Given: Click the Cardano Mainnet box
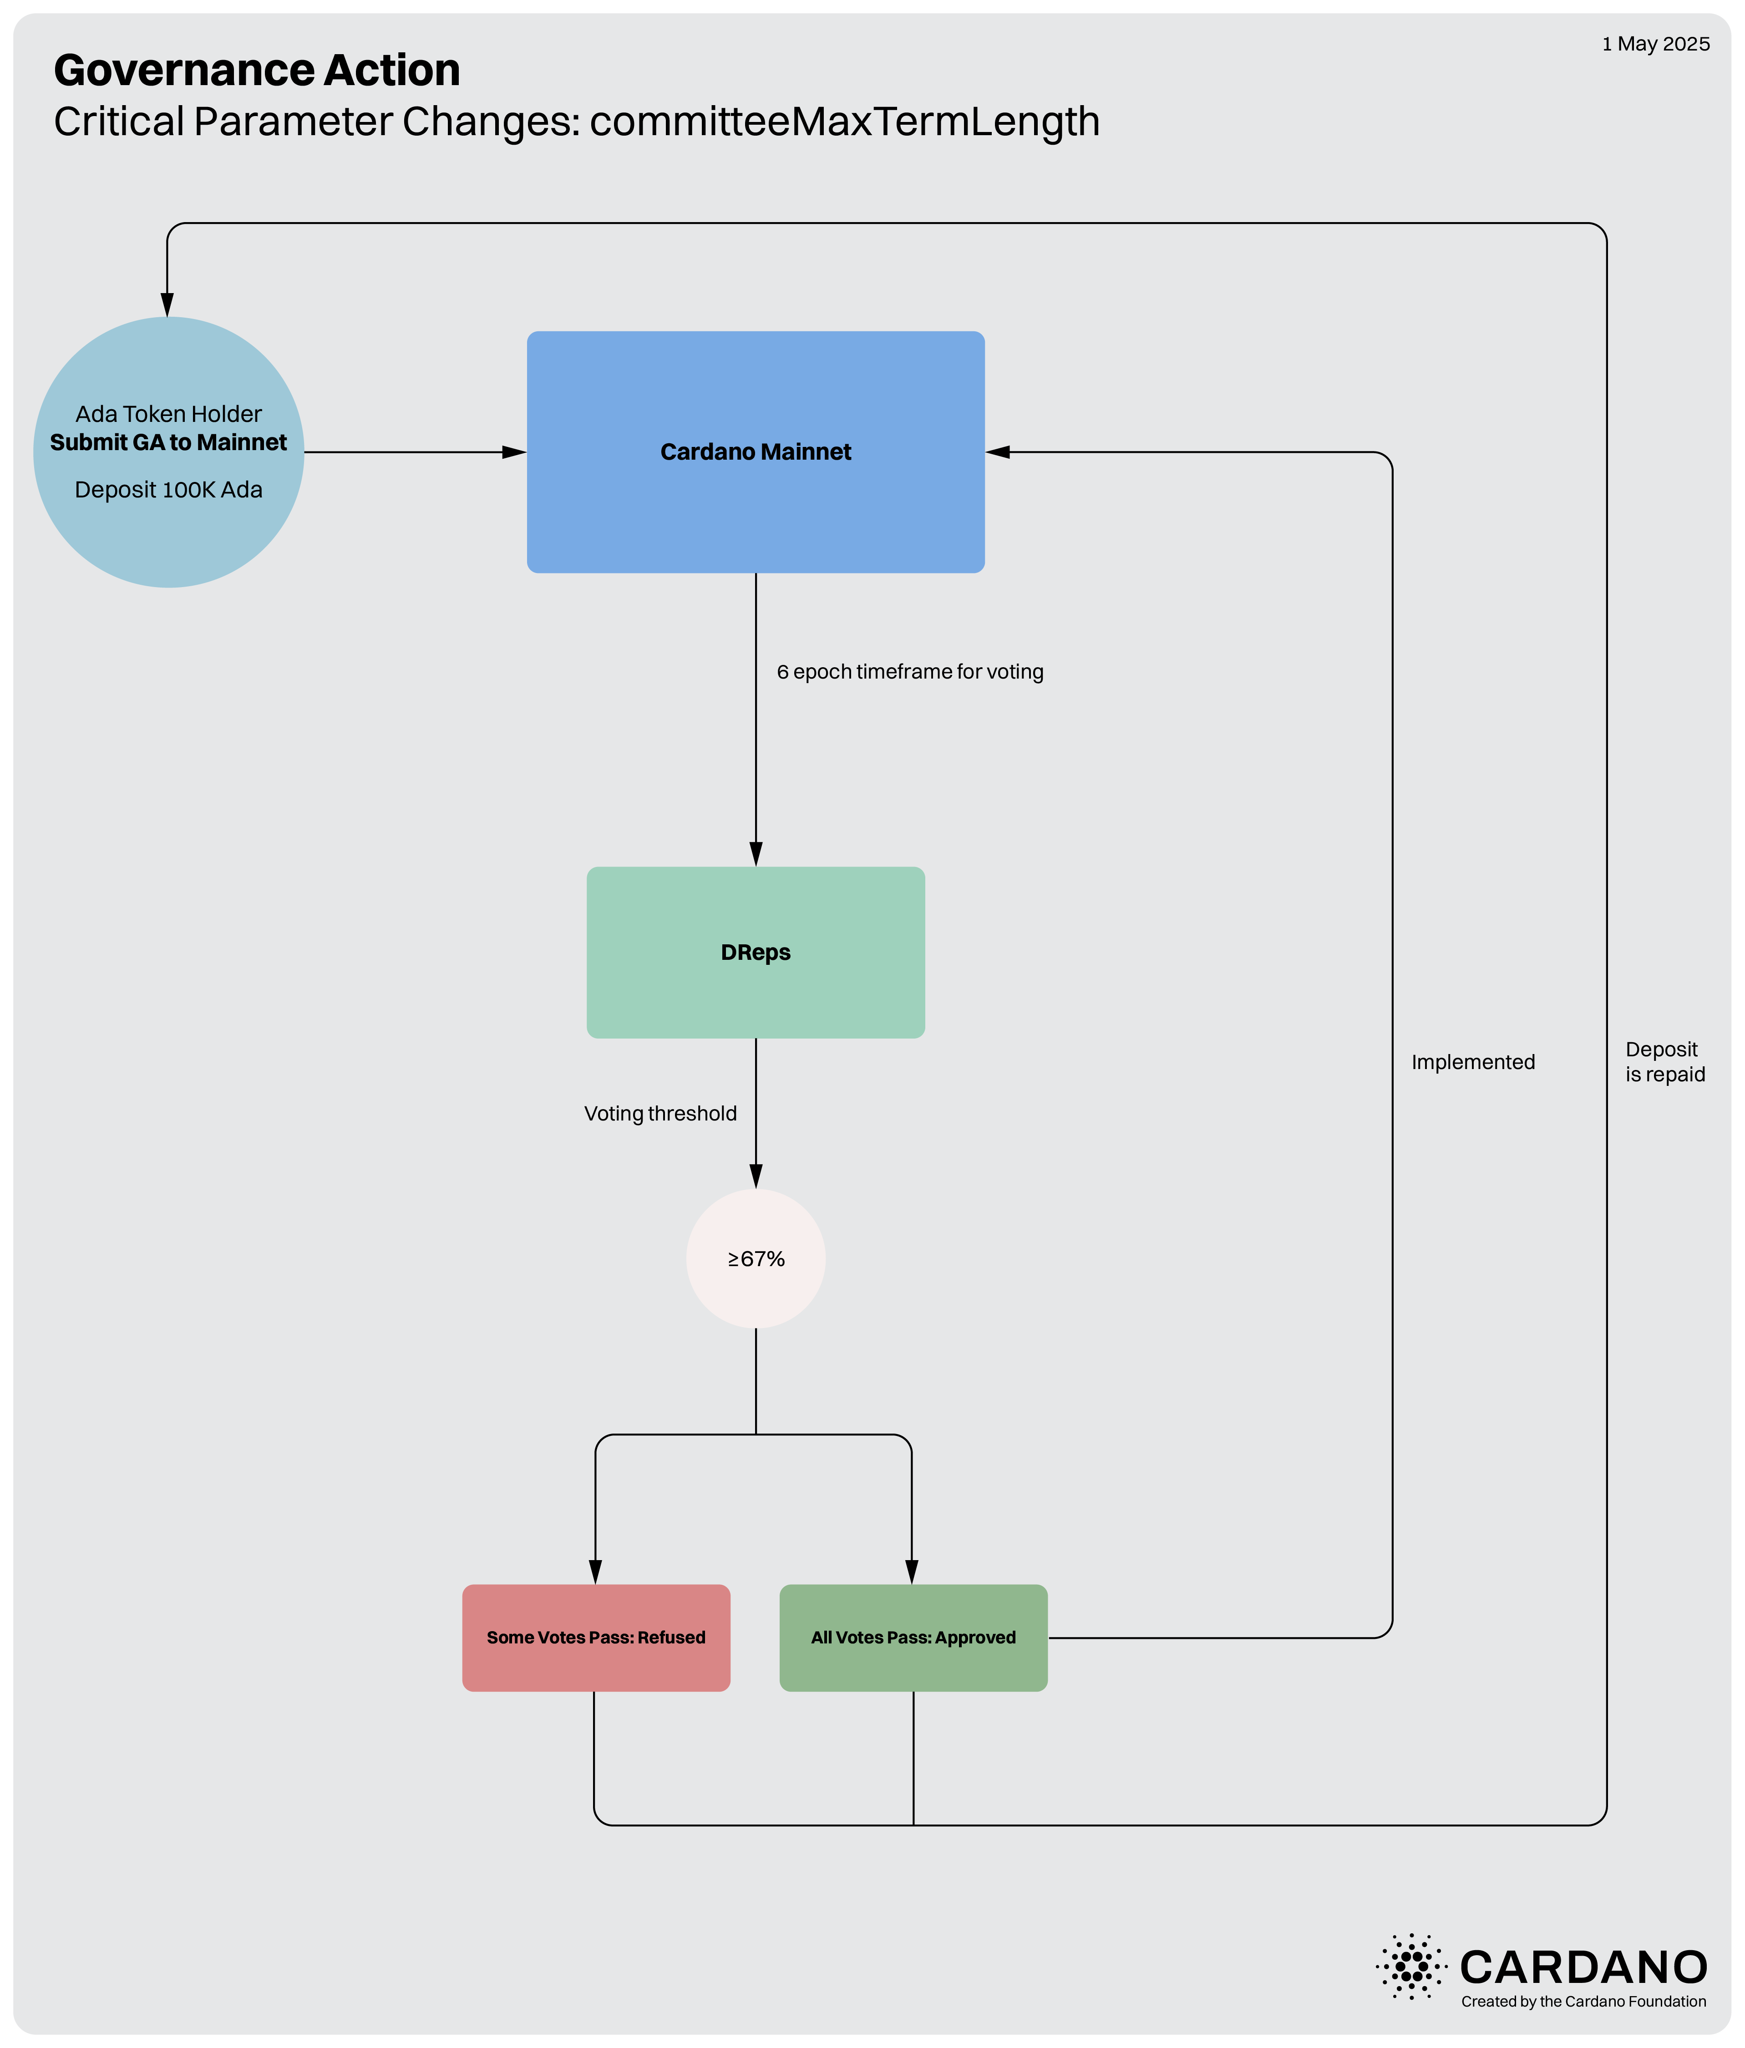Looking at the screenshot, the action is (756, 452).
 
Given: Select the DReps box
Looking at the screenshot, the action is (756, 952).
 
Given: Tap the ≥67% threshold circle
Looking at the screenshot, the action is (756, 1258).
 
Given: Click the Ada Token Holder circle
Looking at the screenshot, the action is (168, 452).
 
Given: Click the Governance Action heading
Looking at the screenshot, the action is (257, 70).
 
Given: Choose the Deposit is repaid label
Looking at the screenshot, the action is (1665, 1062).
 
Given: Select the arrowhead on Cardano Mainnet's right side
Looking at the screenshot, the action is (998, 452).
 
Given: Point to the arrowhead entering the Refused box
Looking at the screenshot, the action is (595, 1571).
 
